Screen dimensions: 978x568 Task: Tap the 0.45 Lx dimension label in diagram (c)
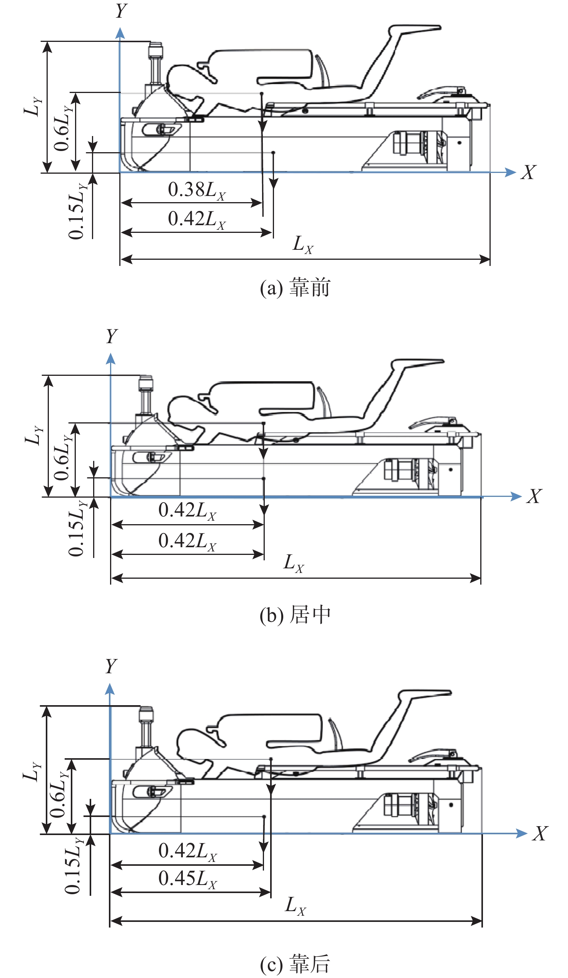187,878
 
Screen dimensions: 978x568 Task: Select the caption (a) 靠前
295,288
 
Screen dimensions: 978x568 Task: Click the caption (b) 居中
295,615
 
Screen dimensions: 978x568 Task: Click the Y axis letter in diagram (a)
121,11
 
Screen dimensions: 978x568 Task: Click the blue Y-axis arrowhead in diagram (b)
111,359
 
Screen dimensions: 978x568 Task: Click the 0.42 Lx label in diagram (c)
187,852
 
